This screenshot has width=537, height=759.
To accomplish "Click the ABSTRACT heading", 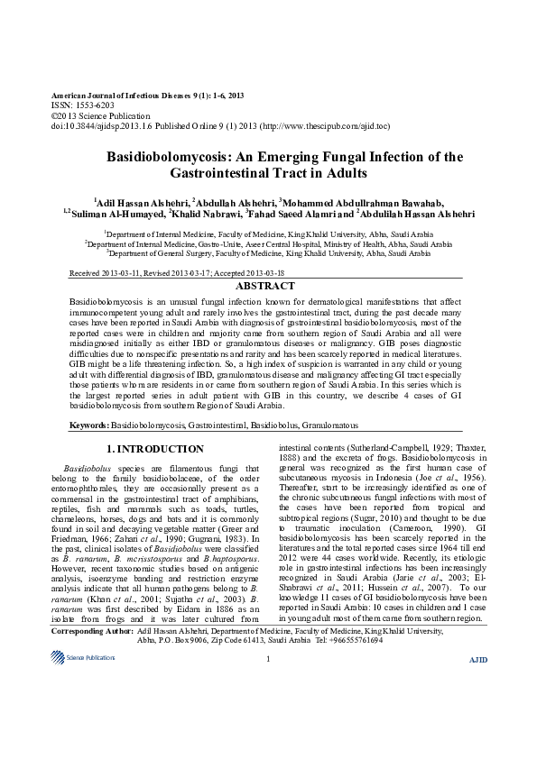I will point(268,285).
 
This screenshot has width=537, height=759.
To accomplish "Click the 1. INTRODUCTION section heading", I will point(155,448).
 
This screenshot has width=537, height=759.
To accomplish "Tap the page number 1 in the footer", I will point(268,736).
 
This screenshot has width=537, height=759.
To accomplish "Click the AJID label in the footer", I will point(478,736).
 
